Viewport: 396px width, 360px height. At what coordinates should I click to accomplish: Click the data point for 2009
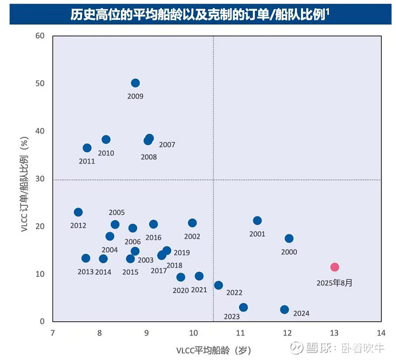[135, 83]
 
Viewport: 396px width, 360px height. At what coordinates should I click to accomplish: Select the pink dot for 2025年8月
[335, 267]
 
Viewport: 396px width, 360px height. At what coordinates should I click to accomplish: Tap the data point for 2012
[78, 212]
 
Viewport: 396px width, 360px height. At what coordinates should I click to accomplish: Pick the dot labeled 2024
[285, 309]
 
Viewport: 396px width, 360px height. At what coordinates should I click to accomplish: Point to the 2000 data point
[289, 239]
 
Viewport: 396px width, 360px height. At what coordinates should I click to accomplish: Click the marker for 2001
[257, 221]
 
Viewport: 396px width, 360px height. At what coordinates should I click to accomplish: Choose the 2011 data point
[87, 148]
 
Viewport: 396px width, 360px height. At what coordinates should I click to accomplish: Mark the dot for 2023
[243, 308]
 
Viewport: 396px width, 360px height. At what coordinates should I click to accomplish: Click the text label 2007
[167, 145]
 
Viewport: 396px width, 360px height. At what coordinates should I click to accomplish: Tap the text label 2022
[234, 293]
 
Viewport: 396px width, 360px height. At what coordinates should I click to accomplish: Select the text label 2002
[192, 237]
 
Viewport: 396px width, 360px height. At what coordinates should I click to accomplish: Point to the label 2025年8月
[335, 283]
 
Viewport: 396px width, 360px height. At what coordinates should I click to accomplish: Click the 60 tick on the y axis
[40, 36]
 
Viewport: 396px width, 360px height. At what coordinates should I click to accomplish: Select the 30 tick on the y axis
[40, 179]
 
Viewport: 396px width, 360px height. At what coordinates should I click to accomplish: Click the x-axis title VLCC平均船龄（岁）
[214, 350]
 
